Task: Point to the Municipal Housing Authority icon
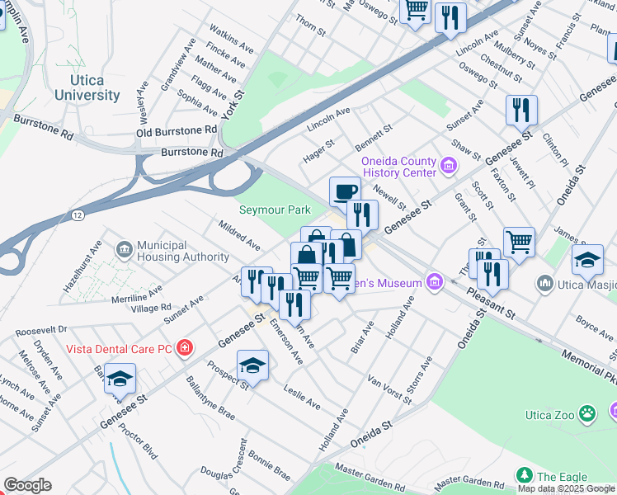[124, 247]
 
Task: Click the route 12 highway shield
[77, 214]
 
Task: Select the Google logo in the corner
[26, 485]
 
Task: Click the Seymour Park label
[275, 210]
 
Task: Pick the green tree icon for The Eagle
[522, 476]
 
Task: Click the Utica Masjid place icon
[544, 285]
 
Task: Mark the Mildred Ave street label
[240, 235]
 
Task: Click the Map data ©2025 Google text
[566, 488]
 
